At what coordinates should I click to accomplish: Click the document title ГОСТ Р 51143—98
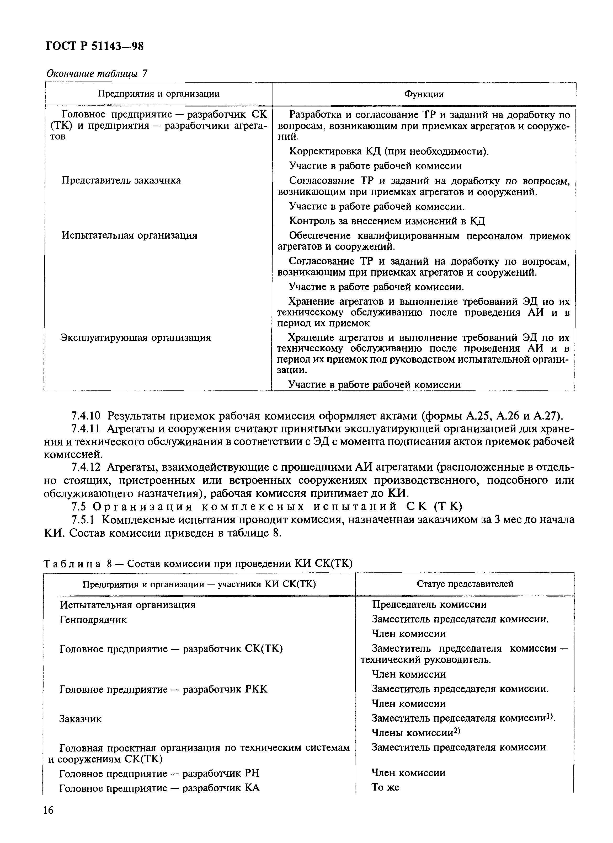point(94,46)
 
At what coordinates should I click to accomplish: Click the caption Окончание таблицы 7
point(97,74)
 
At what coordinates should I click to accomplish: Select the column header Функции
point(424,94)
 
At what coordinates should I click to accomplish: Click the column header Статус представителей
point(465,584)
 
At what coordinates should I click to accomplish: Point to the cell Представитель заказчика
point(121,181)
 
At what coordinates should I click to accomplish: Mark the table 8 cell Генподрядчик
point(93,620)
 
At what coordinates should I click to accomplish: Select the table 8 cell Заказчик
point(80,719)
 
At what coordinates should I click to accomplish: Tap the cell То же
point(386,787)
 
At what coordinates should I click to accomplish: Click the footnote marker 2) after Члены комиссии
point(457,731)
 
